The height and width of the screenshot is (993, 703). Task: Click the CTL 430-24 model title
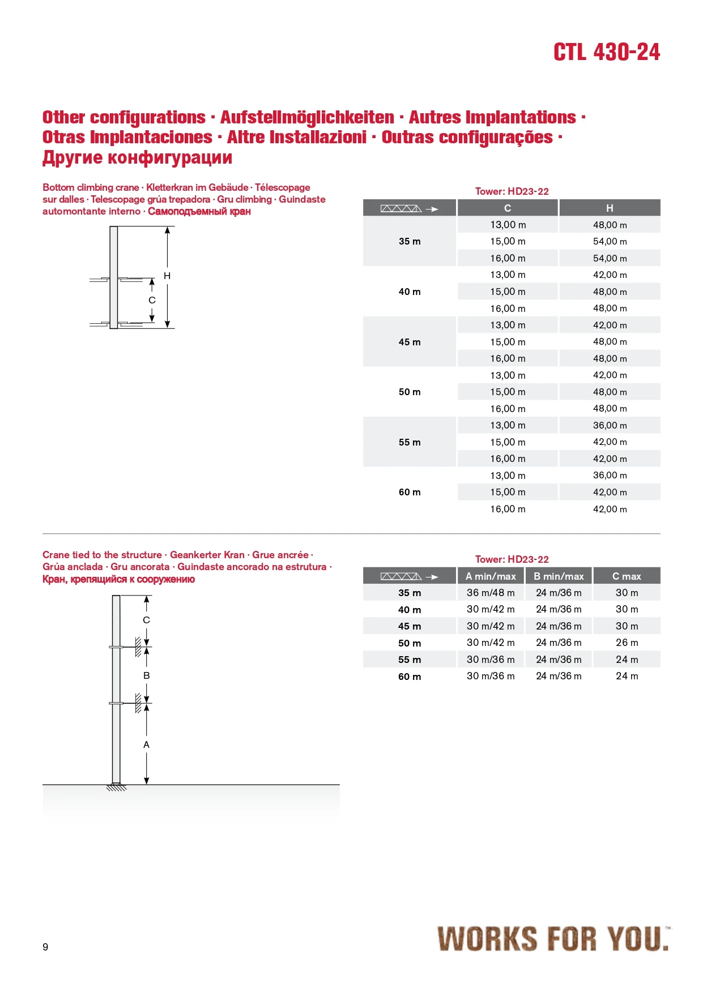606,52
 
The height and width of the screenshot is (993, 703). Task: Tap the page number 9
45,947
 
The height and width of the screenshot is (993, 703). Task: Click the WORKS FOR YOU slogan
552,938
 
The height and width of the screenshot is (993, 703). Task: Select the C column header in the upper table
508,208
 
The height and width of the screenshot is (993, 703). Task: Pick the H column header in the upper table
610,208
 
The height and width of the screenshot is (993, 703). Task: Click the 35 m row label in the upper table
410,241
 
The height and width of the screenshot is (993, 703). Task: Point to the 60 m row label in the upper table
410,492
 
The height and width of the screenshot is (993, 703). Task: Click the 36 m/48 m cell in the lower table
491,593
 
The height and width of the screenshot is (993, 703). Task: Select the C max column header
627,576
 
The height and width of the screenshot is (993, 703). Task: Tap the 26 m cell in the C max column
627,643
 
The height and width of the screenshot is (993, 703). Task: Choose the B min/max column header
559,576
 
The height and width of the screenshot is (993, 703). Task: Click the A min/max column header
491,576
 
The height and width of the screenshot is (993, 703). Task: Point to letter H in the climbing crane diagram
167,276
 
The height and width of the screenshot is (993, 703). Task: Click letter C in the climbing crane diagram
152,300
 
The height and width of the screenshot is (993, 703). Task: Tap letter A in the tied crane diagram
146,744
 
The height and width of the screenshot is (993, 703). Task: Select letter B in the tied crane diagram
146,675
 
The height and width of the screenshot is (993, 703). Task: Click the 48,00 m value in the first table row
610,225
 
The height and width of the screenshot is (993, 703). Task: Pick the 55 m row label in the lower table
410,660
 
